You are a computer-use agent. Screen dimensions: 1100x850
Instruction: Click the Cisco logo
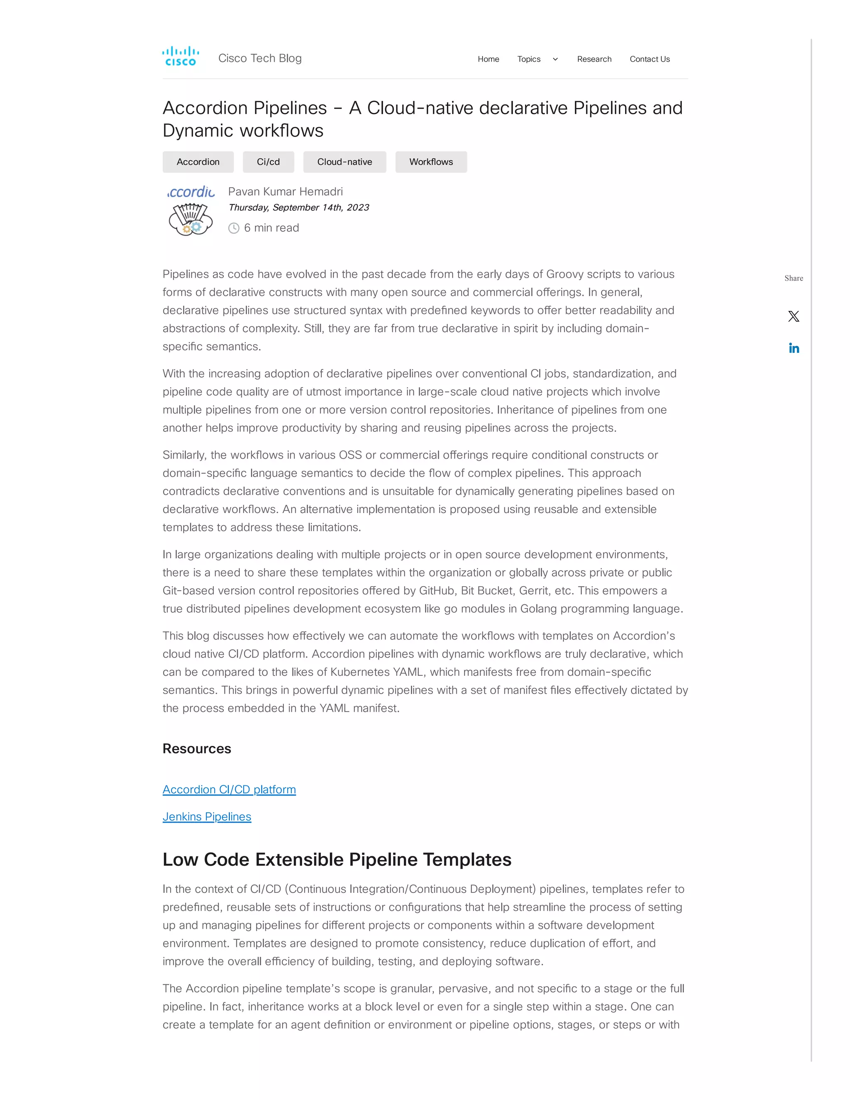[x=180, y=56]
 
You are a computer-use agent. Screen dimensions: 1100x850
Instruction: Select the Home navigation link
[x=488, y=59]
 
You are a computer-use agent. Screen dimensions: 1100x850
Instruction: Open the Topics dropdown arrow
[x=555, y=59]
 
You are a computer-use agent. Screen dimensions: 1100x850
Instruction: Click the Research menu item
[x=594, y=59]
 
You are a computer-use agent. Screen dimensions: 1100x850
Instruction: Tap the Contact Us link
[x=649, y=59]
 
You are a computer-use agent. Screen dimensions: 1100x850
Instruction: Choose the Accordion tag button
[x=198, y=161]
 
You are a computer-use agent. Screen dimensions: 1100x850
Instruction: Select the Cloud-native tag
[x=344, y=161]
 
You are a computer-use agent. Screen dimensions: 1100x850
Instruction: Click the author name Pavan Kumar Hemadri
[x=285, y=191]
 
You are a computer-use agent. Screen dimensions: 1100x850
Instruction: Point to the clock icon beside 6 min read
[x=234, y=228]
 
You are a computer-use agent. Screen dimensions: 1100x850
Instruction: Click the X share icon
[x=793, y=316]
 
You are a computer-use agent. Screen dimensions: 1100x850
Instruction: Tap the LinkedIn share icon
[x=794, y=348]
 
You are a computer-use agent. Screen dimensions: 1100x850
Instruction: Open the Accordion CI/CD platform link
[x=229, y=789]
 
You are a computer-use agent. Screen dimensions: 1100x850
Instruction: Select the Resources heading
[x=196, y=748]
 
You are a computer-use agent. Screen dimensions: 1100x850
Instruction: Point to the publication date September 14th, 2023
[x=298, y=208]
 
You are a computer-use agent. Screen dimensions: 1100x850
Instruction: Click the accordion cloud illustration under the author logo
[x=191, y=219]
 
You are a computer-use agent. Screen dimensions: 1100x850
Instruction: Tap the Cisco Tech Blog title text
[x=260, y=59]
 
